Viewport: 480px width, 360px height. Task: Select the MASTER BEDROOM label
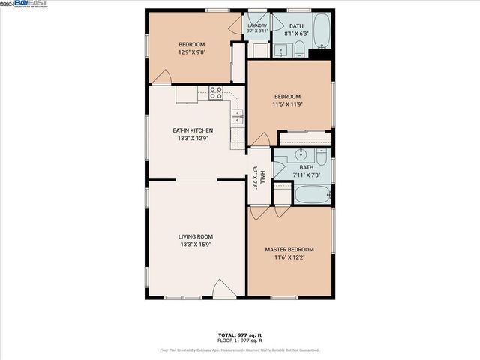tap(289, 249)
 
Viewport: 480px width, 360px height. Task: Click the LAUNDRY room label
tap(256, 25)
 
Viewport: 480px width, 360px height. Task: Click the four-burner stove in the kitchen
tap(216, 93)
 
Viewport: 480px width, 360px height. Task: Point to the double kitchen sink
tap(238, 117)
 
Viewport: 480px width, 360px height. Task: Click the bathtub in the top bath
tap(322, 31)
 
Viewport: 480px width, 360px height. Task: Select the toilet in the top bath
tap(298, 50)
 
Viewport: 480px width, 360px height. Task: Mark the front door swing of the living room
tap(223, 288)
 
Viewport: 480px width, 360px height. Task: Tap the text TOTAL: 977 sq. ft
tap(239, 334)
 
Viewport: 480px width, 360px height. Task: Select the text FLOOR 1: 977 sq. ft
tap(239, 340)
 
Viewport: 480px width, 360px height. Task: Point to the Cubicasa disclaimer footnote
tap(239, 349)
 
